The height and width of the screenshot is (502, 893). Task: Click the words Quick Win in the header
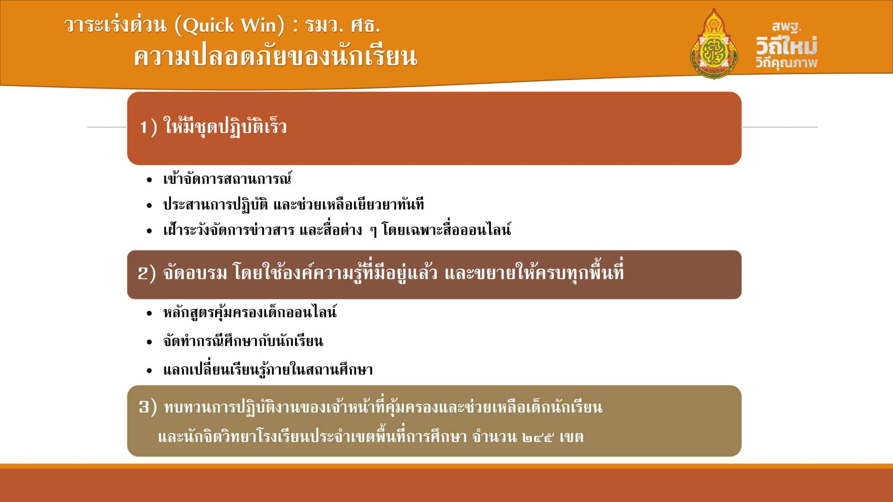[230, 26]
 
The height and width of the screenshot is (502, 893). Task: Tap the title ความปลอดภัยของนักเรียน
[276, 57]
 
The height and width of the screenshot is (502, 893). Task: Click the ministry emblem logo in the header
[714, 44]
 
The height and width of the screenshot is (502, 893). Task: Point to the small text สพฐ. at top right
[787, 27]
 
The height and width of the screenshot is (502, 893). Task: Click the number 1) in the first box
[148, 127]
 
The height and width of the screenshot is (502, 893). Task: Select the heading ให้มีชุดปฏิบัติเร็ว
[225, 126]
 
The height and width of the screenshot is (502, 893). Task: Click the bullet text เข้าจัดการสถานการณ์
[227, 179]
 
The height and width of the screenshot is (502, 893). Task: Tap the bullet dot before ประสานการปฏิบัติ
[150, 205]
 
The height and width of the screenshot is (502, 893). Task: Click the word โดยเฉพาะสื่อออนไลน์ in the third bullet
[446, 229]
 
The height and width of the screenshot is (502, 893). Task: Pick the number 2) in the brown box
[147, 274]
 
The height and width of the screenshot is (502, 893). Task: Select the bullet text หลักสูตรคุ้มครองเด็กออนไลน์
[250, 312]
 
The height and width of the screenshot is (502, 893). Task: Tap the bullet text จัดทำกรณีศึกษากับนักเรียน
[243, 341]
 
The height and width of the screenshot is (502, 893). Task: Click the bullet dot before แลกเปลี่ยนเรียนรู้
[150, 371]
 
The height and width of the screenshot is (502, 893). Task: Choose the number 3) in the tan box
[147, 407]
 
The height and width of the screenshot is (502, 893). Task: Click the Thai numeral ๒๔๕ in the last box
[538, 437]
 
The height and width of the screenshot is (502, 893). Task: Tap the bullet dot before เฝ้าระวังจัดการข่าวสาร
[150, 231]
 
